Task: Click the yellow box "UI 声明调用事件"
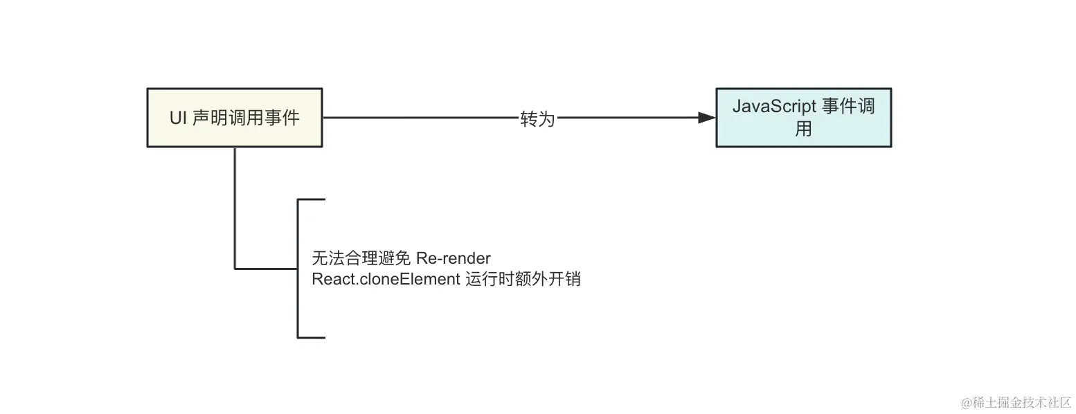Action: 235,118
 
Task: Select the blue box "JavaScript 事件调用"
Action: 803,118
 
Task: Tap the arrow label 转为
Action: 537,118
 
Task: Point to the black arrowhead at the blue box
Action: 706,118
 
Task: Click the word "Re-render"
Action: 454,259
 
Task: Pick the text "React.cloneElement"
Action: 386,280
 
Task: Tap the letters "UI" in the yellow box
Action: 178,118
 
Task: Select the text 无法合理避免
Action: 361,259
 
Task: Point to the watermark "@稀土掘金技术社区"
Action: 1015,402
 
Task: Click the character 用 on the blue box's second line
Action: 803,129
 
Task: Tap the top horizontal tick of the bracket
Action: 312,199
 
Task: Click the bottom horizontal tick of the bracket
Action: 312,338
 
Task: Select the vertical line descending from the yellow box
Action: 235,208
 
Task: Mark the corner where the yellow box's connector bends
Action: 235,268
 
